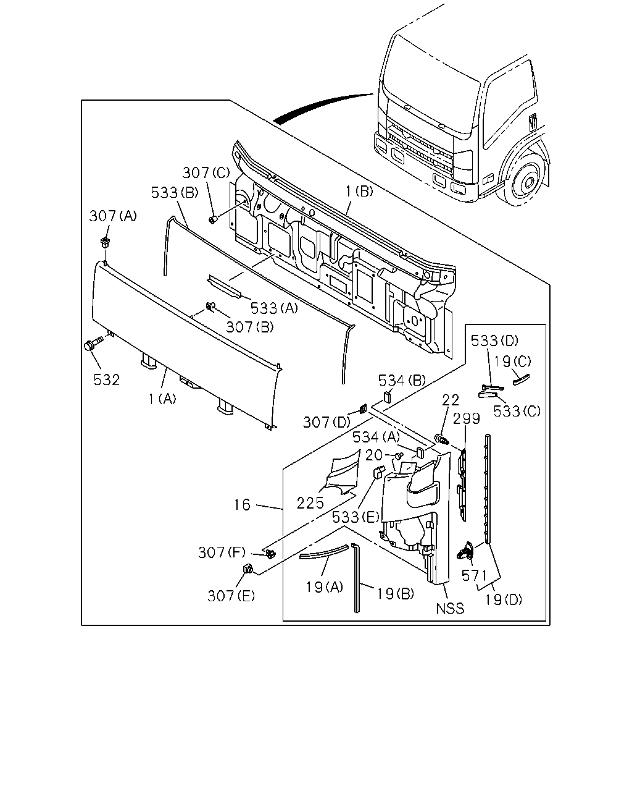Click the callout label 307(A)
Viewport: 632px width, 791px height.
(113, 216)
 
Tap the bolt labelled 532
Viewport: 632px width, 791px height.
(93, 344)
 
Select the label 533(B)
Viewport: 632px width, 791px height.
(175, 192)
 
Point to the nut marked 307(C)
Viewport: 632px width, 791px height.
(212, 220)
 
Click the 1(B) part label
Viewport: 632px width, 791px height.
(359, 191)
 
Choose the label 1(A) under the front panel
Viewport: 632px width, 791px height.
(162, 399)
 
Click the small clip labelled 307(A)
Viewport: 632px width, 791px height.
(106, 242)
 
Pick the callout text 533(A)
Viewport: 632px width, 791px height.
(274, 308)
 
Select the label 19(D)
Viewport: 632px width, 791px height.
(504, 599)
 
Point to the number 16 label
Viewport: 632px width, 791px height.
(243, 505)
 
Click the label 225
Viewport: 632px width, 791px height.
(310, 503)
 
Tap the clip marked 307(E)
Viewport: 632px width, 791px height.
(248, 569)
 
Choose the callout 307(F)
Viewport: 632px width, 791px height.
(222, 552)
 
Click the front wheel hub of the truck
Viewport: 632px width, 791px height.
(528, 182)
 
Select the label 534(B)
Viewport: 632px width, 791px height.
(402, 380)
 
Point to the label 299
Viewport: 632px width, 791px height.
(467, 418)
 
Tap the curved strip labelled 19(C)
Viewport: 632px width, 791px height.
(521, 379)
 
